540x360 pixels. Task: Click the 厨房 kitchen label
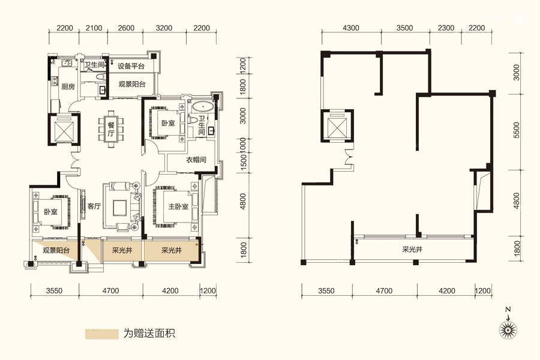pyautogui.click(x=68, y=86)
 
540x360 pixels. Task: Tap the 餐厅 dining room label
pyautogui.click(x=110, y=129)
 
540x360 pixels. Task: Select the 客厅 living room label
pyautogui.click(x=94, y=206)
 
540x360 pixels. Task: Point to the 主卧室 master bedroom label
pyautogui.click(x=178, y=206)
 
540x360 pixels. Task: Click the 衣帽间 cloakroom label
pyautogui.click(x=196, y=160)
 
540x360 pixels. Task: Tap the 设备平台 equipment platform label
pyautogui.click(x=131, y=66)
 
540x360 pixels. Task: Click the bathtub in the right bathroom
pyautogui.click(x=203, y=106)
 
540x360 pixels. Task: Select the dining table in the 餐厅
pyautogui.click(x=111, y=129)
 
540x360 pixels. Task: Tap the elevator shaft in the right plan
pyautogui.click(x=337, y=126)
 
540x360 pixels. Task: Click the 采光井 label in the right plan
pyautogui.click(x=412, y=249)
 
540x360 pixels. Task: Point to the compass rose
pyautogui.click(x=508, y=329)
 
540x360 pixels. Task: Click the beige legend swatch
pyautogui.click(x=101, y=334)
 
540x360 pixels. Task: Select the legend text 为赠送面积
pyautogui.click(x=149, y=334)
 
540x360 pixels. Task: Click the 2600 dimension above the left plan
pyautogui.click(x=126, y=28)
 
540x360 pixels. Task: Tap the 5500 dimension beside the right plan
pyautogui.click(x=516, y=130)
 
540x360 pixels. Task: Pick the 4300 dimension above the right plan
pyautogui.click(x=351, y=28)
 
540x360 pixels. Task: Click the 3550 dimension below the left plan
pyautogui.click(x=55, y=291)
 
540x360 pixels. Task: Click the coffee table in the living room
pyautogui.click(x=119, y=208)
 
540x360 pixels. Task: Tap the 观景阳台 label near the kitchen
pyautogui.click(x=132, y=84)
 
